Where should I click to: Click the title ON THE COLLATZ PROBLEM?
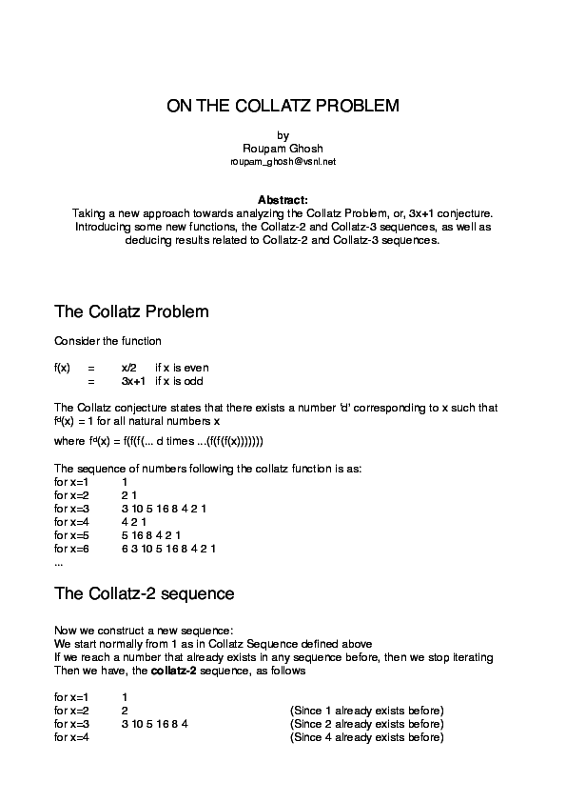tap(283, 106)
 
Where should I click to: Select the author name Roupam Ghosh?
tap(283, 149)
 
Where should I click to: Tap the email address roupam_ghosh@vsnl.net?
tap(283, 162)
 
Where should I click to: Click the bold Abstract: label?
tap(283, 199)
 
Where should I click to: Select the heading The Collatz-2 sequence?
tap(145, 593)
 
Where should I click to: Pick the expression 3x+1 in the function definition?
tap(133, 380)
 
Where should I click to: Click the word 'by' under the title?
tap(283, 135)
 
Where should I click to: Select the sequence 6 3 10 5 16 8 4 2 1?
tap(168, 549)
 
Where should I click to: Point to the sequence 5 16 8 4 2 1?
tap(158, 535)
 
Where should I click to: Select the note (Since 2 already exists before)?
tap(366, 724)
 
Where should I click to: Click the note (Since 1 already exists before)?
tap(366, 711)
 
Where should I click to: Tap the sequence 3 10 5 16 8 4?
tap(155, 724)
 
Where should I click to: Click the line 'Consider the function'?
tap(107, 340)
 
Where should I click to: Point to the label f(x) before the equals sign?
tap(62, 367)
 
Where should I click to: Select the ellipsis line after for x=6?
tap(59, 562)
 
